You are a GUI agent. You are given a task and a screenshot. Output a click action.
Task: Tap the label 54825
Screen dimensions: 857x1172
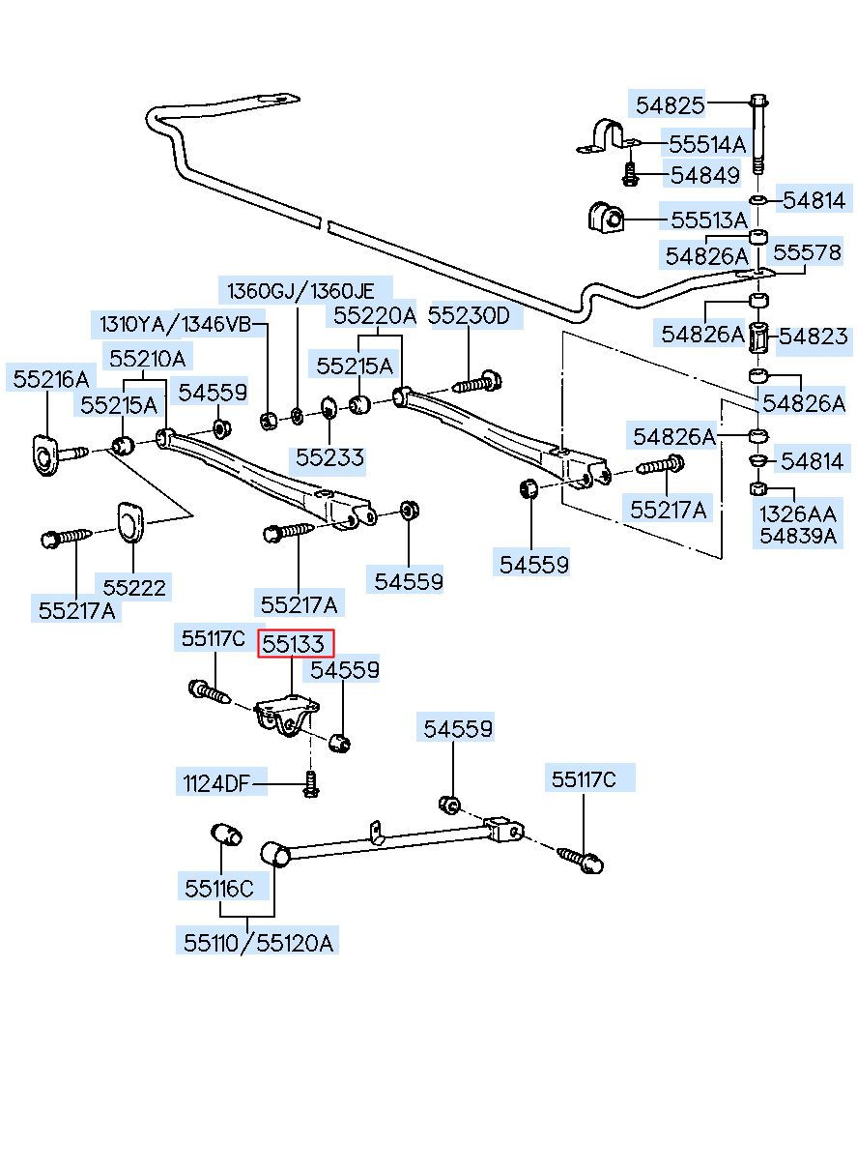(670, 105)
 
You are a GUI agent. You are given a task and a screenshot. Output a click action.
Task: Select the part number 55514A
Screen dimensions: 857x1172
(707, 144)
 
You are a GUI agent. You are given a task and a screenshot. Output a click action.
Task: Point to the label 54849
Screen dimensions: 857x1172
(705, 175)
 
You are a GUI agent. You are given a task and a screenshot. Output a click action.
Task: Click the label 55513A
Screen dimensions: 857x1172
(709, 220)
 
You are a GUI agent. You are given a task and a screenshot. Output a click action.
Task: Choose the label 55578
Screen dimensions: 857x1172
(807, 252)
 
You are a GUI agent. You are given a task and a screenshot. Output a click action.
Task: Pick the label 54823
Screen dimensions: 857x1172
(814, 337)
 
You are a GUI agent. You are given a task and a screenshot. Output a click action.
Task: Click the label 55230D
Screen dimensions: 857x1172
(469, 315)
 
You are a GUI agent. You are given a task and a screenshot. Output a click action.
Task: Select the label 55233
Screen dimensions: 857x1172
(329, 457)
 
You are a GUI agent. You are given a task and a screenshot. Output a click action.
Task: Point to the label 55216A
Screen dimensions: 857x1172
(50, 379)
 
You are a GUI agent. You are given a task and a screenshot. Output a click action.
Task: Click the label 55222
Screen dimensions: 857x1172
(134, 588)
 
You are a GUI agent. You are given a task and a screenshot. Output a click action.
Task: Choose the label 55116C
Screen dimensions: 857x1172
(219, 889)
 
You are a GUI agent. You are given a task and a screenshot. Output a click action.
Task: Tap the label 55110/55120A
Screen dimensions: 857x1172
(258, 944)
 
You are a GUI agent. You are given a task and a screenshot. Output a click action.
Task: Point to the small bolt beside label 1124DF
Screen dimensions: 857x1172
(311, 785)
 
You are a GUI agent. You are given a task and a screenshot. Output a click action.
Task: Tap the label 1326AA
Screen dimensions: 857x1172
(797, 514)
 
